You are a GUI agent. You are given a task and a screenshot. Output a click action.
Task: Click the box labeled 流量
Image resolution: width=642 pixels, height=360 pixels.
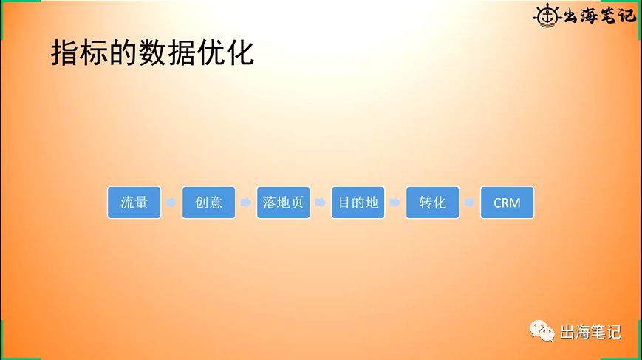coord(134,203)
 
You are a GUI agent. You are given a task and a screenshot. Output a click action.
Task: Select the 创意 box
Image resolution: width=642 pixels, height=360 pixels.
coord(208,203)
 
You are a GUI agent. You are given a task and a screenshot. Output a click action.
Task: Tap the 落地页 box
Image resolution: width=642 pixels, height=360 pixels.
coord(283,203)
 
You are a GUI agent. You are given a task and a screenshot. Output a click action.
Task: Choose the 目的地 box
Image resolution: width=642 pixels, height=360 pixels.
coord(358,203)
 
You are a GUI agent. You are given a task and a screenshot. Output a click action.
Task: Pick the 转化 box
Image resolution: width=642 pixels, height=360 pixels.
coord(432,203)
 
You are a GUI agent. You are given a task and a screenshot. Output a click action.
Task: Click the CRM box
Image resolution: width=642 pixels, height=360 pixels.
coord(507,203)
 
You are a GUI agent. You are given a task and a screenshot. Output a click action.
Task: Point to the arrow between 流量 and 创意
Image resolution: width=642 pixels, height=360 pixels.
coord(171,203)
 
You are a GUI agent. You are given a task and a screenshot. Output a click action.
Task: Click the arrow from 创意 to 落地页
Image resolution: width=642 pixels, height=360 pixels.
coord(245,203)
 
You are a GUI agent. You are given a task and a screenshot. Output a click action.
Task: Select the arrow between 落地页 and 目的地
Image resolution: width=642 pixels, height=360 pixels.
coord(320,203)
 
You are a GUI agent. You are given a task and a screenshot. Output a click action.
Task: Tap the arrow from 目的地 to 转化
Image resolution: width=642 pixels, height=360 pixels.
coord(395,203)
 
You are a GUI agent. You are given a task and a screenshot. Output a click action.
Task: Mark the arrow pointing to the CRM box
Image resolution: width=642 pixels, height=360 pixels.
coord(469,203)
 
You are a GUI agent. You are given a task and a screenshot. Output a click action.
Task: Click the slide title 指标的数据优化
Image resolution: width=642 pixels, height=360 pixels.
coord(152,53)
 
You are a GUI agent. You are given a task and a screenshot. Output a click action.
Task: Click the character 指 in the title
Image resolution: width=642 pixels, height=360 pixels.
coord(64,53)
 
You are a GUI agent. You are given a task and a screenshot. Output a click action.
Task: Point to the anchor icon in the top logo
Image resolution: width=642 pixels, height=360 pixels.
coord(546,14)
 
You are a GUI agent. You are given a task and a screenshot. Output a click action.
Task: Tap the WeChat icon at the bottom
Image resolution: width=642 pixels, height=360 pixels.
coord(541,332)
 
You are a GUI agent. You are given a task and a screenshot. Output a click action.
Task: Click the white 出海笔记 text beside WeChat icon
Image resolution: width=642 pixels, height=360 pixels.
coord(590,333)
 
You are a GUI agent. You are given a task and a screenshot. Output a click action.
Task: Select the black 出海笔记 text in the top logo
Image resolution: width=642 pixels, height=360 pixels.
coord(598,14)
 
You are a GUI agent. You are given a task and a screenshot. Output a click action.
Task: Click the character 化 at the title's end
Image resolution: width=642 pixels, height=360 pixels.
coord(240,53)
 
